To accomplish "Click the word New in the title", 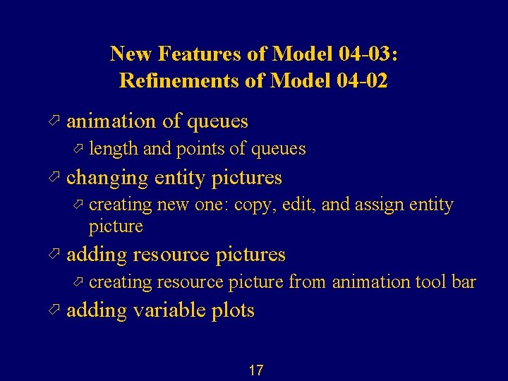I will tap(132, 54).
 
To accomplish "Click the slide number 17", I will tap(255, 370).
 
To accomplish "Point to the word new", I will tap(174, 205).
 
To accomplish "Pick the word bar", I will tap(464, 282).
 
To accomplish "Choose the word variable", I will tap(164, 310).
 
